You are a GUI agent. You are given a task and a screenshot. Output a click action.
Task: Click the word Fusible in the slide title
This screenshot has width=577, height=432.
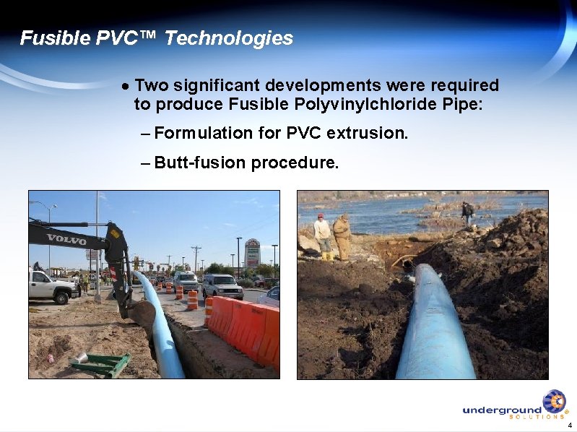pos(55,38)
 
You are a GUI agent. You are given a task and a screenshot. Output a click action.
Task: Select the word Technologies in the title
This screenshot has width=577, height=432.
pos(229,38)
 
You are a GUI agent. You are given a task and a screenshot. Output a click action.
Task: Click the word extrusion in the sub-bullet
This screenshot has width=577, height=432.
pos(368,134)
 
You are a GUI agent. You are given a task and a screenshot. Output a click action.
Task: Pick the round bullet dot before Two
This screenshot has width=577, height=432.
pos(126,86)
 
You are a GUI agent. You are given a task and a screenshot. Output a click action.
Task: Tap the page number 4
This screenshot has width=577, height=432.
pos(570,425)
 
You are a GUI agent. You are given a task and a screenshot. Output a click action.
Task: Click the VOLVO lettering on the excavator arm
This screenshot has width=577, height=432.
pos(66,238)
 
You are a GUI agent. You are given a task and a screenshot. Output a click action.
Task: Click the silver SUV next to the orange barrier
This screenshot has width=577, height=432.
pos(222,286)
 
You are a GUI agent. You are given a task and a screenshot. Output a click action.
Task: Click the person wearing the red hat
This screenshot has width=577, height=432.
pos(322,235)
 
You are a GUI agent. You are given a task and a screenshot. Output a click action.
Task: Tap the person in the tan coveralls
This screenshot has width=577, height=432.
pos(342,235)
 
